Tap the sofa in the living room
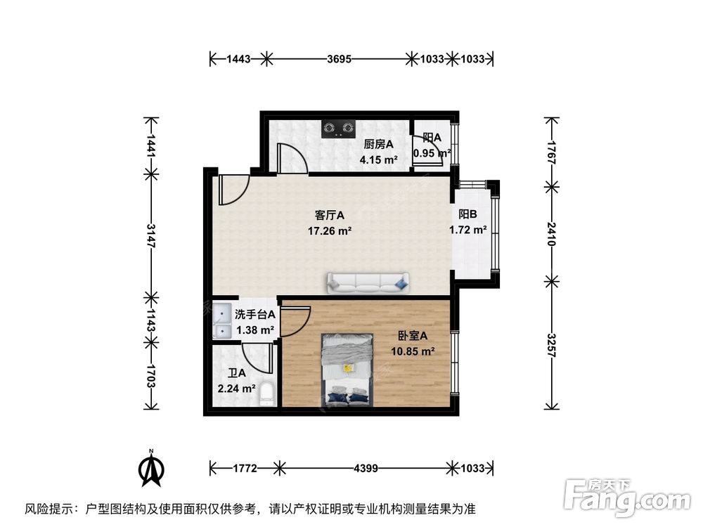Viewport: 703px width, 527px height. tap(366, 282)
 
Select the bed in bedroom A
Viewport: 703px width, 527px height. tap(347, 370)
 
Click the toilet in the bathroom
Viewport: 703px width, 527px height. tap(266, 395)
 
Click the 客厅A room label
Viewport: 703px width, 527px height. tap(328, 215)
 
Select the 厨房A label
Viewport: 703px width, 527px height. tap(378, 145)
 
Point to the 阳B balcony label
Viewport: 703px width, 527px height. tap(468, 215)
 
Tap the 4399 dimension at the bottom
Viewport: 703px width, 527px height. tap(366, 467)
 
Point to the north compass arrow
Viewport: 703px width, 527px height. tap(150, 468)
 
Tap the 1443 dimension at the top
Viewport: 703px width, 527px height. tap(239, 60)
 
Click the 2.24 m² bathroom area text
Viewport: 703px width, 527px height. tap(237, 387)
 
